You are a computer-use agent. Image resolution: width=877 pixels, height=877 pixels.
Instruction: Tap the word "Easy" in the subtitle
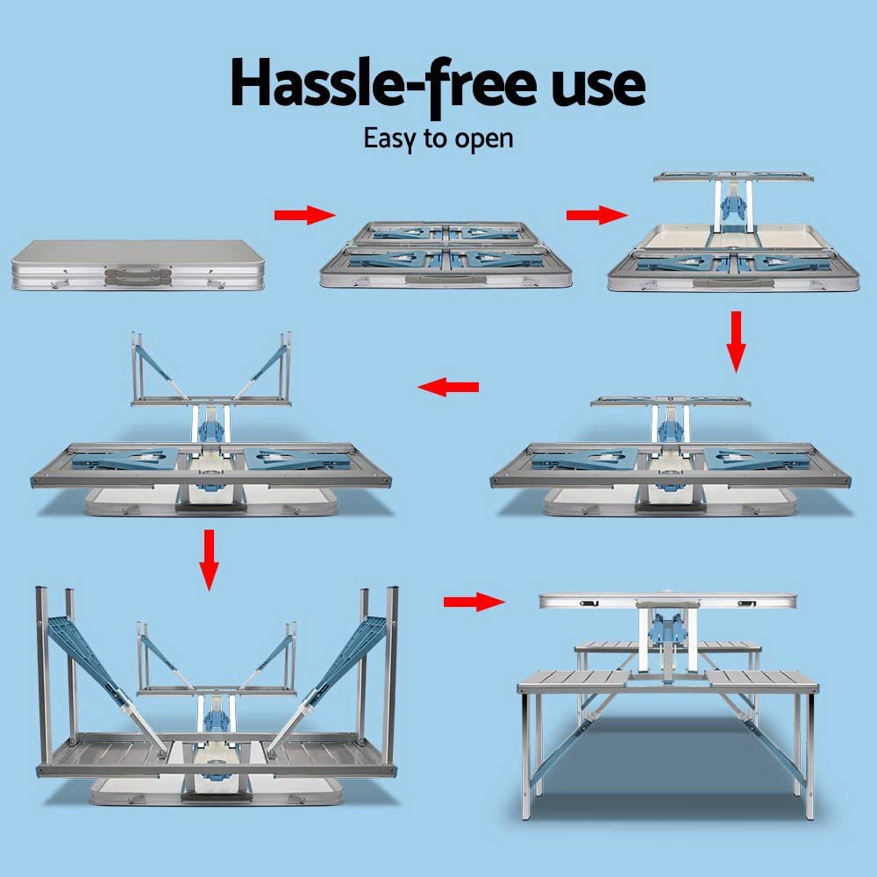[x=391, y=139]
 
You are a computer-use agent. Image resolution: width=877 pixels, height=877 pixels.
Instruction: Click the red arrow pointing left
[x=447, y=387]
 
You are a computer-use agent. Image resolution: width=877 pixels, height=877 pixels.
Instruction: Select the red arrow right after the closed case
[x=304, y=216]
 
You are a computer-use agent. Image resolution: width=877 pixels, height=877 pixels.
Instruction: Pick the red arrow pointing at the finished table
[x=474, y=602]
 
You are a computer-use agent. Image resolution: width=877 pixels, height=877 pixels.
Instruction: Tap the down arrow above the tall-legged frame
[x=208, y=558]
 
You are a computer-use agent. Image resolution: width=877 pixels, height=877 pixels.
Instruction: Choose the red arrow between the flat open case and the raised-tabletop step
[x=597, y=216]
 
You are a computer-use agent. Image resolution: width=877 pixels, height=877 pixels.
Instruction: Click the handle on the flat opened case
[x=446, y=282]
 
